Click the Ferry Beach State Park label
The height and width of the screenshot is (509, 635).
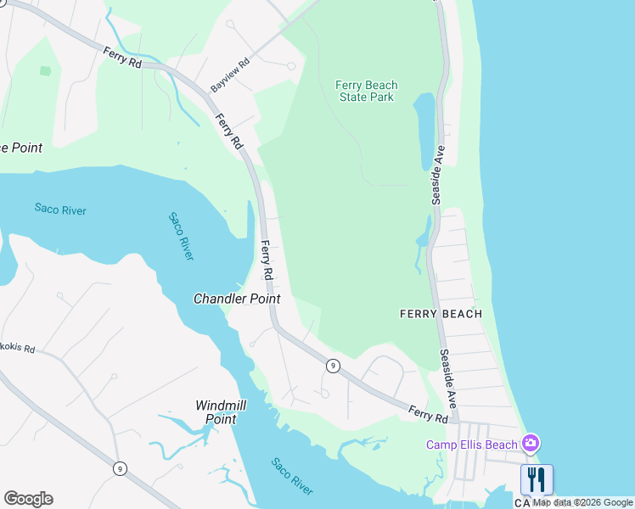(x=366, y=91)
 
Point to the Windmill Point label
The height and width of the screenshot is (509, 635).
(x=220, y=412)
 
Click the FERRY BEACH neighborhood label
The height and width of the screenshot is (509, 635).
(x=441, y=314)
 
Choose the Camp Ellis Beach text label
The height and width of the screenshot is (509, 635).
(x=472, y=445)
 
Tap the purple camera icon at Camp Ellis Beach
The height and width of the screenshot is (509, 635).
(x=531, y=443)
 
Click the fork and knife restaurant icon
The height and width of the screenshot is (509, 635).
(x=537, y=479)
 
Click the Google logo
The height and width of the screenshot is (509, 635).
(x=28, y=499)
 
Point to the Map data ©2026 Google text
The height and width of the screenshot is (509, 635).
(x=583, y=502)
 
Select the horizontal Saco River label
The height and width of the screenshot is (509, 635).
(x=60, y=209)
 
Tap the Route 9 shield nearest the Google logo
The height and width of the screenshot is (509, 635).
(x=121, y=468)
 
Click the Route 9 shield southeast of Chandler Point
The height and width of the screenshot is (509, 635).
(x=333, y=366)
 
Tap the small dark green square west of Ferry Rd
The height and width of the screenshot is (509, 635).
(x=45, y=71)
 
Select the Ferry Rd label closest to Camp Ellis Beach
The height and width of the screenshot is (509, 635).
(x=427, y=414)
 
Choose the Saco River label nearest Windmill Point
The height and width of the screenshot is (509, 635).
(x=292, y=476)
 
